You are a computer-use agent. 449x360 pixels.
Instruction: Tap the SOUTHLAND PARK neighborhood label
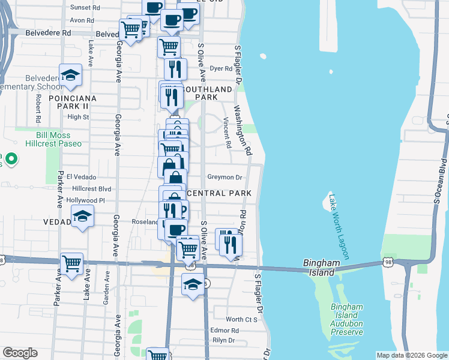[x=206, y=93]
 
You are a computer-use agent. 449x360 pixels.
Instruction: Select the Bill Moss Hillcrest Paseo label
[x=53, y=139]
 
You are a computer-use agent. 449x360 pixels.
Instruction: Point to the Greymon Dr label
[x=224, y=177]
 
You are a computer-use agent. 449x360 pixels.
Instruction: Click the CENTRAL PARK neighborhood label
[x=218, y=193]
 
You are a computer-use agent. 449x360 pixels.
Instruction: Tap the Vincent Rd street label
[x=228, y=133]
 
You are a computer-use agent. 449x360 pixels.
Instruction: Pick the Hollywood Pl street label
[x=86, y=200]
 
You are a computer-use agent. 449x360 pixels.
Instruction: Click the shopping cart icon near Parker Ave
[x=71, y=263]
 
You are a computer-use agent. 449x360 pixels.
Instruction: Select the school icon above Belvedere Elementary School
[x=71, y=75]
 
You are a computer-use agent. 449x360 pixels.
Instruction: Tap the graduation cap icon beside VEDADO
[x=82, y=216]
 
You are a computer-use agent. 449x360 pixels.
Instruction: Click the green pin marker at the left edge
[x=11, y=160]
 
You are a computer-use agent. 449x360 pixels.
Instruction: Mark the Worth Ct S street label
[x=241, y=319]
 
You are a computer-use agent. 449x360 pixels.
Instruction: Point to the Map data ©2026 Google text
[x=411, y=355]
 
